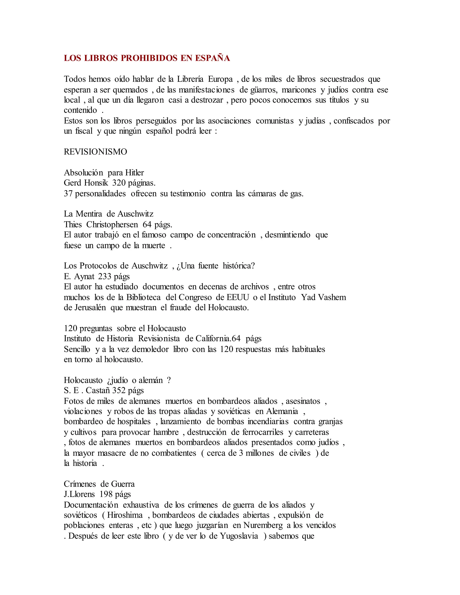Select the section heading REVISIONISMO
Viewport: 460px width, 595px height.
[x=95, y=152]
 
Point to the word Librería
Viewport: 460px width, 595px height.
[x=190, y=79]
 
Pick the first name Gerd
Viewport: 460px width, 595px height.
[x=73, y=183]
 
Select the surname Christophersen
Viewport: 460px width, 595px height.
[x=112, y=225]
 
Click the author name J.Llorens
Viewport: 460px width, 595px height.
[x=79, y=494]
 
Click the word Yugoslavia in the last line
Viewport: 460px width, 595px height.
[x=239, y=536]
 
